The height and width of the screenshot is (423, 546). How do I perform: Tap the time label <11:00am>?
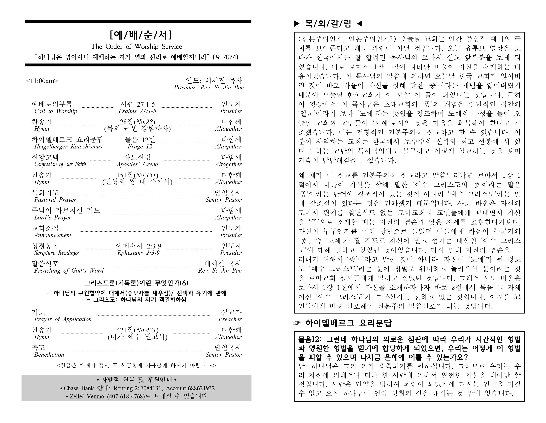click(x=42, y=81)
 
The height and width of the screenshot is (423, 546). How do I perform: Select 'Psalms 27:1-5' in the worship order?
click(x=137, y=111)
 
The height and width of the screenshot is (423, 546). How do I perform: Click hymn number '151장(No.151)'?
click(x=137, y=175)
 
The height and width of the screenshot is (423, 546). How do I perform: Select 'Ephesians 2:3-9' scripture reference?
click(x=138, y=253)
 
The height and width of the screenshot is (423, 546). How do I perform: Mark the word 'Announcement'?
click(x=53, y=235)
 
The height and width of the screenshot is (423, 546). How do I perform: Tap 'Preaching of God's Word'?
click(x=69, y=271)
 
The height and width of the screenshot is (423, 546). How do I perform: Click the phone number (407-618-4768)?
click(x=126, y=396)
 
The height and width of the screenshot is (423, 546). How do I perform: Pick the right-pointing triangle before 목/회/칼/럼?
click(x=297, y=24)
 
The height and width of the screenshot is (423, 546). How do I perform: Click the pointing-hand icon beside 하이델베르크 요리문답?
click(x=297, y=323)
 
